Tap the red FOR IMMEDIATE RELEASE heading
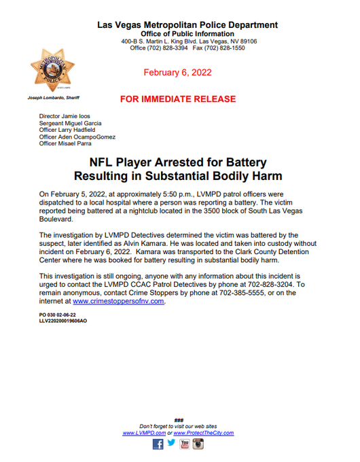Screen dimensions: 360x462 [x=178, y=99]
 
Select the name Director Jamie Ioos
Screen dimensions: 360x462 [x=65, y=117]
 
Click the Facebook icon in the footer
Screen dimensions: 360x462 [x=158, y=444]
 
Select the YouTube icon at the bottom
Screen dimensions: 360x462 [x=185, y=444]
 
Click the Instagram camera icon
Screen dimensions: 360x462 [x=198, y=444]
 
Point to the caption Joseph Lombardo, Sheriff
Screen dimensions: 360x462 [x=54, y=98]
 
